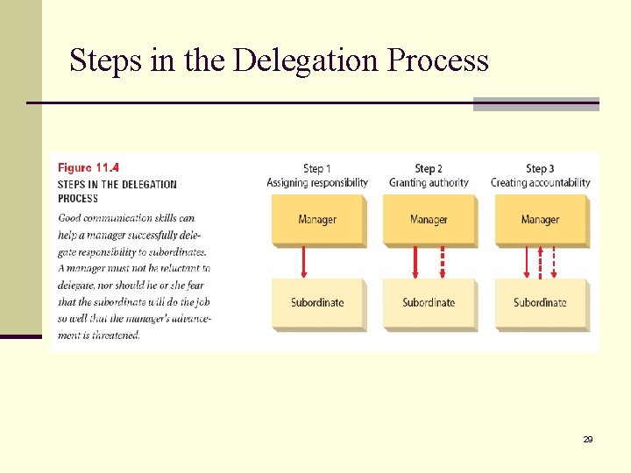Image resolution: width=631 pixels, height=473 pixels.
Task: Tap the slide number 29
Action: click(x=588, y=439)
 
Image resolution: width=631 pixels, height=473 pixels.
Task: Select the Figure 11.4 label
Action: click(x=89, y=167)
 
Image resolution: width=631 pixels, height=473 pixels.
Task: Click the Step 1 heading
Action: click(x=317, y=168)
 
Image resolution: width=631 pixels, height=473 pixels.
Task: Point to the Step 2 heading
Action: click(x=429, y=168)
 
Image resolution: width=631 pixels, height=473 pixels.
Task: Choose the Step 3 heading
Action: click(x=540, y=168)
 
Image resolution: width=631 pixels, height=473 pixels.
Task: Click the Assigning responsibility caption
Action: click(x=317, y=183)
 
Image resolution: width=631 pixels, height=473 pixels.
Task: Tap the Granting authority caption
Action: click(x=429, y=183)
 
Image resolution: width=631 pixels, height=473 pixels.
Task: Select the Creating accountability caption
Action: click(x=540, y=183)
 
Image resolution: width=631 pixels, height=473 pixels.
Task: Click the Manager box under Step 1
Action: click(x=317, y=219)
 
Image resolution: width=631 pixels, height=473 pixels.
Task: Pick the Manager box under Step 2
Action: click(x=429, y=219)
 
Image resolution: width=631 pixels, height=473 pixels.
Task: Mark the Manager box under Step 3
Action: click(x=540, y=219)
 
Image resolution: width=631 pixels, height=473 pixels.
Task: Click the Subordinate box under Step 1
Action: click(x=317, y=303)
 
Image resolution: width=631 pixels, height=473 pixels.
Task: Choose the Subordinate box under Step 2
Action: click(x=429, y=303)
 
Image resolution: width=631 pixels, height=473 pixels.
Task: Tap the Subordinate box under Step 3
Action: click(x=540, y=303)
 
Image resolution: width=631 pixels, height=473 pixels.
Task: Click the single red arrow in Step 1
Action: click(x=304, y=262)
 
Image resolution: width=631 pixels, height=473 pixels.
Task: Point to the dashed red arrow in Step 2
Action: click(x=443, y=262)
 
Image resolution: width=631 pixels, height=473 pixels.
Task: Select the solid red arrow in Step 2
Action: click(x=415, y=262)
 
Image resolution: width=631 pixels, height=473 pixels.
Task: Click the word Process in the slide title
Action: click(x=438, y=60)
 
